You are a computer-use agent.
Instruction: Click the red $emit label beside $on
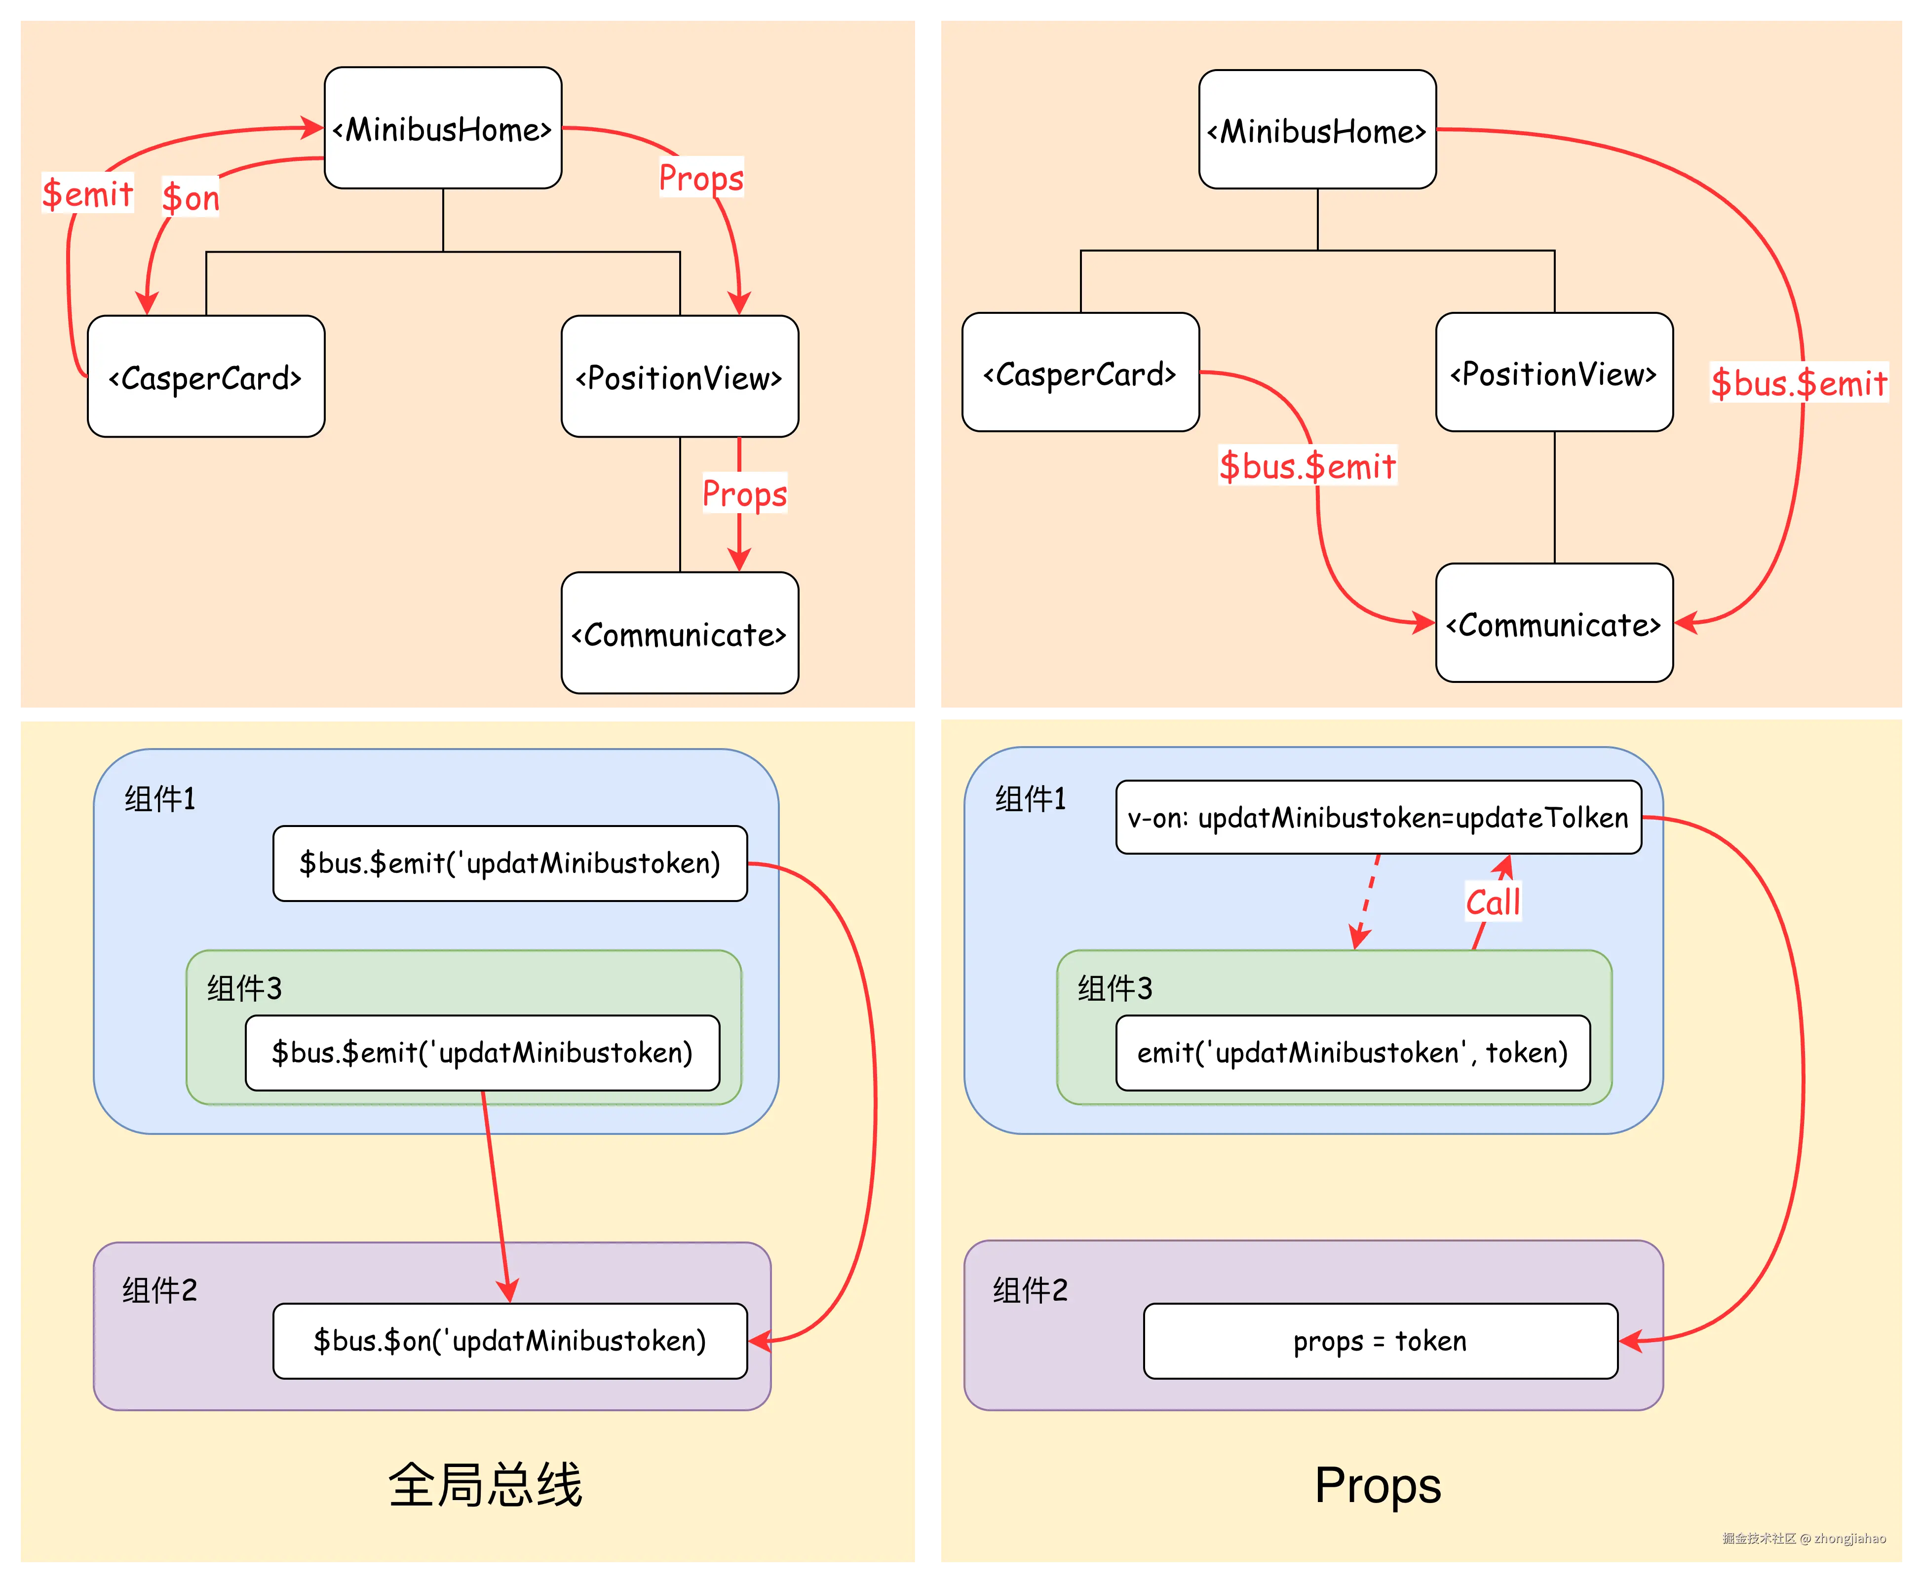[x=87, y=193]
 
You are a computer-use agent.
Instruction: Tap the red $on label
[x=191, y=197]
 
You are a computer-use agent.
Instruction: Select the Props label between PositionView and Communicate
[x=744, y=493]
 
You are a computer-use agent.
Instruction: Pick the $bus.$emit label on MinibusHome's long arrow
[x=1799, y=382]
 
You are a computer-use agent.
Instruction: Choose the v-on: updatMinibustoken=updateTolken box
[x=1378, y=818]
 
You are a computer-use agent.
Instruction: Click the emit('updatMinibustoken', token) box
[x=1352, y=1053]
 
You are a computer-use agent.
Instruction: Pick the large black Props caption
[x=1377, y=1485]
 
